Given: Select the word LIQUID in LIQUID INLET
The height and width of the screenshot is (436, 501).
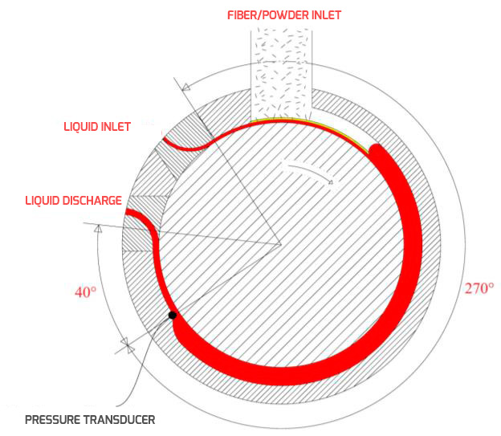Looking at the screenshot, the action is point(80,127).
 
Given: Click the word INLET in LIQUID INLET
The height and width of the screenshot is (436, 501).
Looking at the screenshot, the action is point(116,127).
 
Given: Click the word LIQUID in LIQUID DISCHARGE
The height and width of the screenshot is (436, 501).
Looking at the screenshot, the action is point(43,201).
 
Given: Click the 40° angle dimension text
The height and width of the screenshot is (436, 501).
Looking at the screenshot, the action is point(85,292).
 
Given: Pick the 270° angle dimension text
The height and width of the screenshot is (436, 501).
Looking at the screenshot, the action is point(479,288).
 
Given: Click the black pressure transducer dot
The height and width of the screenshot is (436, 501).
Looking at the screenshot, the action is point(172,316).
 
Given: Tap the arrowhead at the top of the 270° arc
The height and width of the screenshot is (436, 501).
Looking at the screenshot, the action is point(186,86).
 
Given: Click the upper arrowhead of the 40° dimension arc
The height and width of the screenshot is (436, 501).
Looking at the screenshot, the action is point(99,228).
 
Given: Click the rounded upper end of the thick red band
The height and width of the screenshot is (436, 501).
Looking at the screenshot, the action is point(377,149).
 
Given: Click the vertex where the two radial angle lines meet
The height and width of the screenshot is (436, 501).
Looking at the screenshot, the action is point(281,245).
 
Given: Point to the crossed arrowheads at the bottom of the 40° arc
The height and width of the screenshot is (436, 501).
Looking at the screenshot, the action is point(128,345).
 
